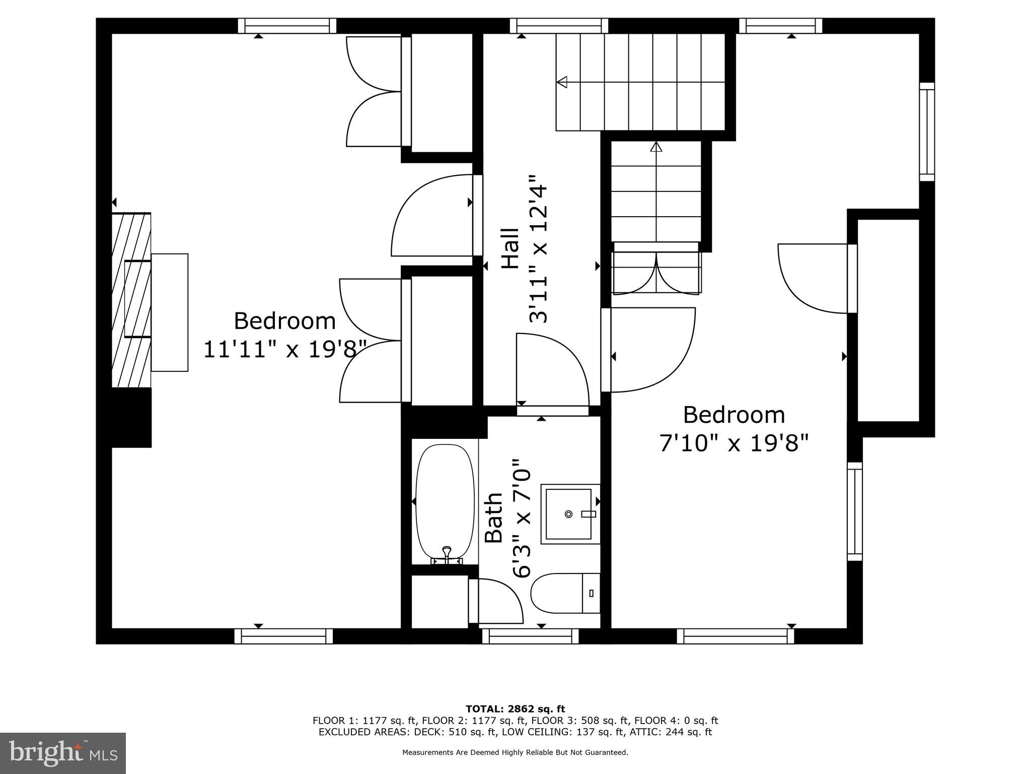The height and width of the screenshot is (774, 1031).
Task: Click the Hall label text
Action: click(510, 248)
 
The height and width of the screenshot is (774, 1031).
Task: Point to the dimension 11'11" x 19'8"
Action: click(285, 349)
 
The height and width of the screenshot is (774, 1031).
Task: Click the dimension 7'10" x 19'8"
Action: click(734, 443)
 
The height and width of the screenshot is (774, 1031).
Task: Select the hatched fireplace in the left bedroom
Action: click(131, 300)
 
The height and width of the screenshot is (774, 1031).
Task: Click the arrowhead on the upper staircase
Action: click(562, 82)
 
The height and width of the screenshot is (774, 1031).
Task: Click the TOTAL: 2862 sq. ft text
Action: click(515, 709)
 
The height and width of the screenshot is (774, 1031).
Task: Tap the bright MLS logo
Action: click(63, 753)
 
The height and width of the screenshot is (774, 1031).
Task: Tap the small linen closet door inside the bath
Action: click(496, 601)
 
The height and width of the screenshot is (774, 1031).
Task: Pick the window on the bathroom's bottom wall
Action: click(531, 636)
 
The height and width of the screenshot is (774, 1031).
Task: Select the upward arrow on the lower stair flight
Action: click(656, 147)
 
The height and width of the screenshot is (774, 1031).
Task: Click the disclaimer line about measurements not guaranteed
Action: click(515, 753)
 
